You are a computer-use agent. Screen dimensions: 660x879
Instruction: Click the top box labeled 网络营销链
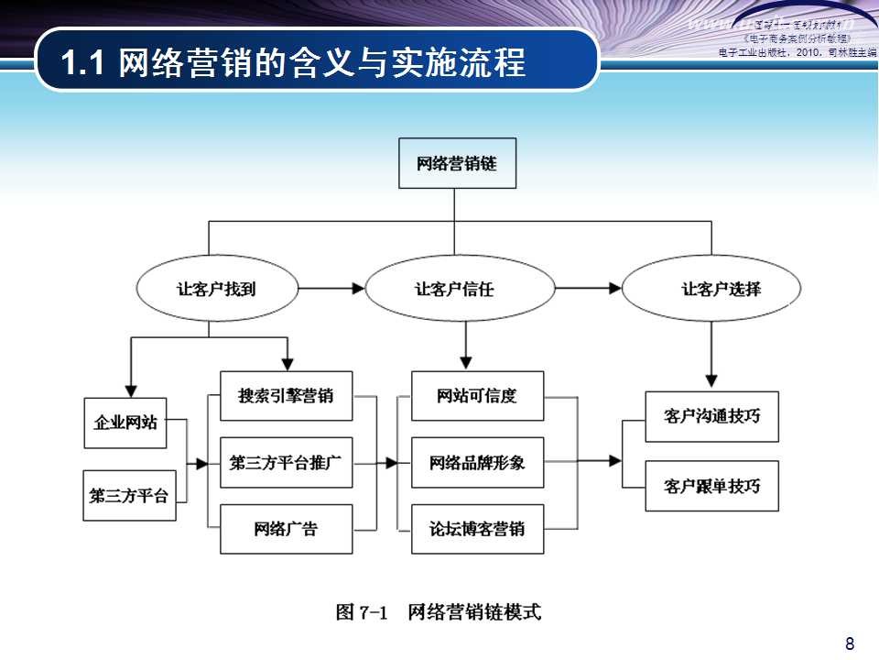click(x=457, y=163)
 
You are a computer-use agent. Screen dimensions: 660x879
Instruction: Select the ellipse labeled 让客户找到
click(x=216, y=289)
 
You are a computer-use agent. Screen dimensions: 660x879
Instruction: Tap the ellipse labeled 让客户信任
click(x=459, y=289)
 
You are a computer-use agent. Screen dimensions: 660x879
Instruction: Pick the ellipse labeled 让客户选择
click(x=711, y=289)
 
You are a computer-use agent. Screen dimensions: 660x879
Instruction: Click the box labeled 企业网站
click(x=125, y=423)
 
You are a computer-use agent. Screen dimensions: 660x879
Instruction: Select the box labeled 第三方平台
click(x=129, y=495)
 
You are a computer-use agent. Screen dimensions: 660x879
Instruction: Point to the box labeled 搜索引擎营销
click(x=286, y=396)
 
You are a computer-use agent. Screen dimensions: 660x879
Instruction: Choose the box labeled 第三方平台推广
click(x=286, y=462)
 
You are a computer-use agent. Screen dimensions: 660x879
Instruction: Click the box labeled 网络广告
click(x=286, y=529)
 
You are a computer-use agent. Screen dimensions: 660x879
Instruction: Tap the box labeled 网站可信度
click(x=477, y=396)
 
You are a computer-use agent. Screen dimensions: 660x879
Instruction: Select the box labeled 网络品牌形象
click(x=477, y=462)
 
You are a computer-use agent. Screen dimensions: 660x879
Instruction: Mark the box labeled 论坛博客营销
click(x=477, y=529)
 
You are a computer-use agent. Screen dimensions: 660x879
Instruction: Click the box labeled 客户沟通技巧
click(x=711, y=415)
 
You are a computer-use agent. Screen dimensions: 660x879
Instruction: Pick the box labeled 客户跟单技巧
click(x=711, y=486)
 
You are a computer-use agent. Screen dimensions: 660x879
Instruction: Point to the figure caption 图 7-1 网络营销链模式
click(x=439, y=611)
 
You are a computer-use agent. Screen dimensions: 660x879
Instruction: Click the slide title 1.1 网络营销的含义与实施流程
click(x=293, y=63)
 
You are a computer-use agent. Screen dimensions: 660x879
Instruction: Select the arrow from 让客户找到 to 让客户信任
click(x=331, y=289)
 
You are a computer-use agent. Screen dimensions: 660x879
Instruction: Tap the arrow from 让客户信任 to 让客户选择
click(x=588, y=289)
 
